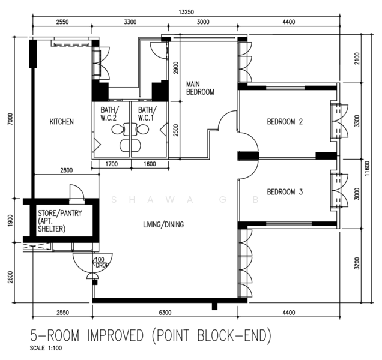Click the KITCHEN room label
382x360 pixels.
pos(62,121)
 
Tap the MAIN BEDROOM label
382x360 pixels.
pos(200,88)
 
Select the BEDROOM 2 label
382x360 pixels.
pos(285,121)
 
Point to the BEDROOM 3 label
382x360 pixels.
pos(285,192)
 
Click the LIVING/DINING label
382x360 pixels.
pos(163,224)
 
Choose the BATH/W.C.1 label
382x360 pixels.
pos(147,113)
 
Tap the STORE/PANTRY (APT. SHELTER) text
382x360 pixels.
pos(60,221)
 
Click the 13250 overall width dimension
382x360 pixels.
pos(186,12)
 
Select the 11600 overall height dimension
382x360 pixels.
pos(368,169)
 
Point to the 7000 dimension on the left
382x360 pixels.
pos(10,119)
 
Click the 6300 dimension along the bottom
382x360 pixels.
pos(165,312)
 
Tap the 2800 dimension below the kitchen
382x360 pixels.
pos(66,170)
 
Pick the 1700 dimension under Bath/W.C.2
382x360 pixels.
pos(111,164)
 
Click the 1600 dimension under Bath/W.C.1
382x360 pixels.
pos(150,164)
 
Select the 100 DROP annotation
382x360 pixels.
pos(100,262)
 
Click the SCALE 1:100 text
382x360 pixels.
pos(46,348)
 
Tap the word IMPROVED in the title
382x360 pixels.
pos(115,335)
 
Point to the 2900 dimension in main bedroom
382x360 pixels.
pos(175,68)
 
